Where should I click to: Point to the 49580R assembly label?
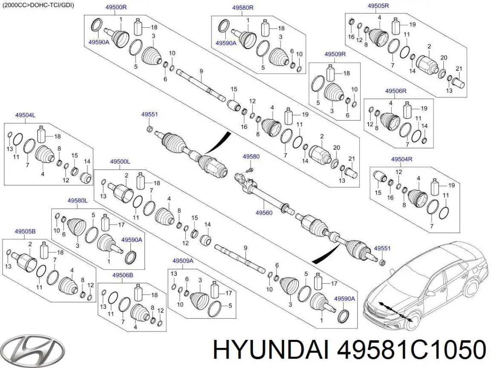point(243,7)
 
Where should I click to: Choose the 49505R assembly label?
point(378,6)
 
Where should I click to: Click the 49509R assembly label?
point(335,54)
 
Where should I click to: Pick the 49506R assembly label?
point(396,91)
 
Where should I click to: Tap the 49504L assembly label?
point(26,115)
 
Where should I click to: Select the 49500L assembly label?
point(120,162)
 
